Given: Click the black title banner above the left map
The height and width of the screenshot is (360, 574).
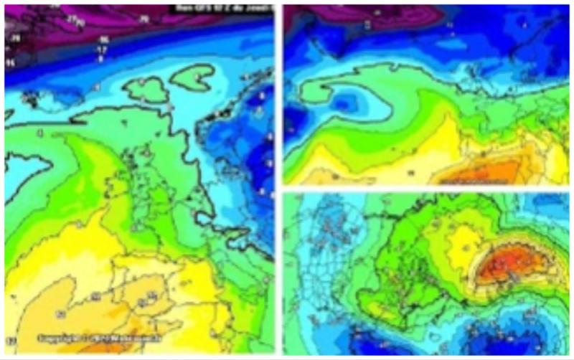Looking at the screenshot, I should pos(222,9).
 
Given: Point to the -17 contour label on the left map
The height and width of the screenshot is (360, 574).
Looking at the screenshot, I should pos(102,49).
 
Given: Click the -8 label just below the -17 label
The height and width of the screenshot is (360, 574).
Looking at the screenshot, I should pos(101,59).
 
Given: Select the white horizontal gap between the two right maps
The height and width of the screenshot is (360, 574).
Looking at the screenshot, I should pos(426,188).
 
